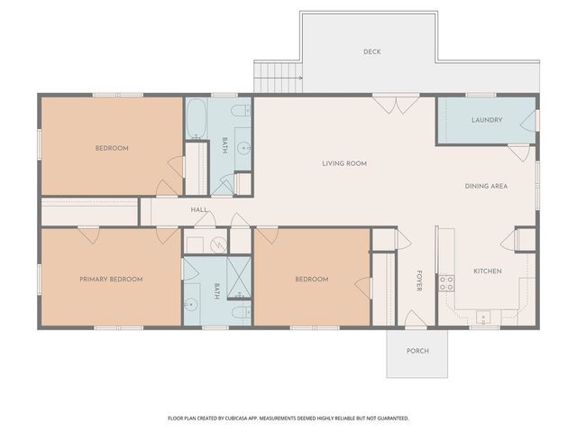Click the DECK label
click(372, 52)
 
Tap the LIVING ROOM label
click(344, 163)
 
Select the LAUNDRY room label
click(487, 120)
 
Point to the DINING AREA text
click(486, 187)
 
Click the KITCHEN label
click(488, 271)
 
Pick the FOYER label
click(418, 281)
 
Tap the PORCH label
click(417, 351)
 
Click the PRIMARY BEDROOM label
click(111, 279)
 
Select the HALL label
click(199, 209)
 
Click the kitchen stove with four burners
click(446, 283)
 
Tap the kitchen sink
click(483, 317)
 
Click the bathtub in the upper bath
click(196, 118)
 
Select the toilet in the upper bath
click(241, 110)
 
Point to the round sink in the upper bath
click(243, 148)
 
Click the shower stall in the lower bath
click(239, 277)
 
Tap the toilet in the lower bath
click(242, 313)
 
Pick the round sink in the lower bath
click(191, 304)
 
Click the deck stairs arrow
click(279, 78)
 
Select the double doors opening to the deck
click(396, 105)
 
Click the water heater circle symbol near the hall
click(218, 244)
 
